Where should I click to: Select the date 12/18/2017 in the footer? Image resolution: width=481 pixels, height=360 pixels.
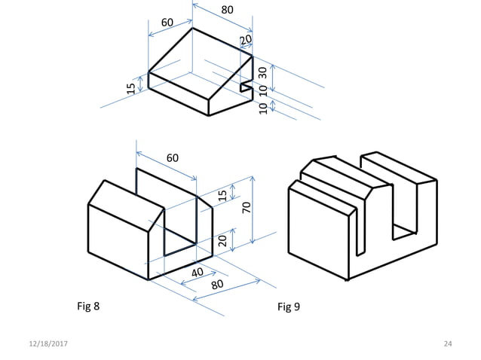tap(46, 344)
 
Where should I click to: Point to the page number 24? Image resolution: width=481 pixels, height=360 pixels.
tap(448, 344)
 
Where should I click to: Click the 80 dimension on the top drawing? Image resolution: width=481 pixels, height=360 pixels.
tap(227, 11)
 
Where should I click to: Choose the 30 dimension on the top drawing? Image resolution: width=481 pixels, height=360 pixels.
tap(262, 72)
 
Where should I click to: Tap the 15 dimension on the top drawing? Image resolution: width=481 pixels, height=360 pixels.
tap(131, 88)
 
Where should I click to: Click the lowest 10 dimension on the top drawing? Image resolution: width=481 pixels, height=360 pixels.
tap(262, 108)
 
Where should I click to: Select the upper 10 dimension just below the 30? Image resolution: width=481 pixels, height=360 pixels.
tap(262, 91)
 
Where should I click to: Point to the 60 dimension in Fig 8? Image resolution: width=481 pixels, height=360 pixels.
tap(173, 158)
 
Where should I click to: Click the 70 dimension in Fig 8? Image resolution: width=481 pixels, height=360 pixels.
tap(247, 207)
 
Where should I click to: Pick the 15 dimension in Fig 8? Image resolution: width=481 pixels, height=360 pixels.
tap(222, 195)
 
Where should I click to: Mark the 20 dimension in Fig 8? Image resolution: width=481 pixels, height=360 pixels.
tap(222, 240)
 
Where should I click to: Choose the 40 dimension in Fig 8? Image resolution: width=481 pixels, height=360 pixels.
tap(197, 272)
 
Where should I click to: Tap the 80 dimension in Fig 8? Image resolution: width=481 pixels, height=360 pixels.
tap(217, 285)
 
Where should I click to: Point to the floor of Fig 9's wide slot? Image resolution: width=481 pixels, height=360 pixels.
tap(405, 227)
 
